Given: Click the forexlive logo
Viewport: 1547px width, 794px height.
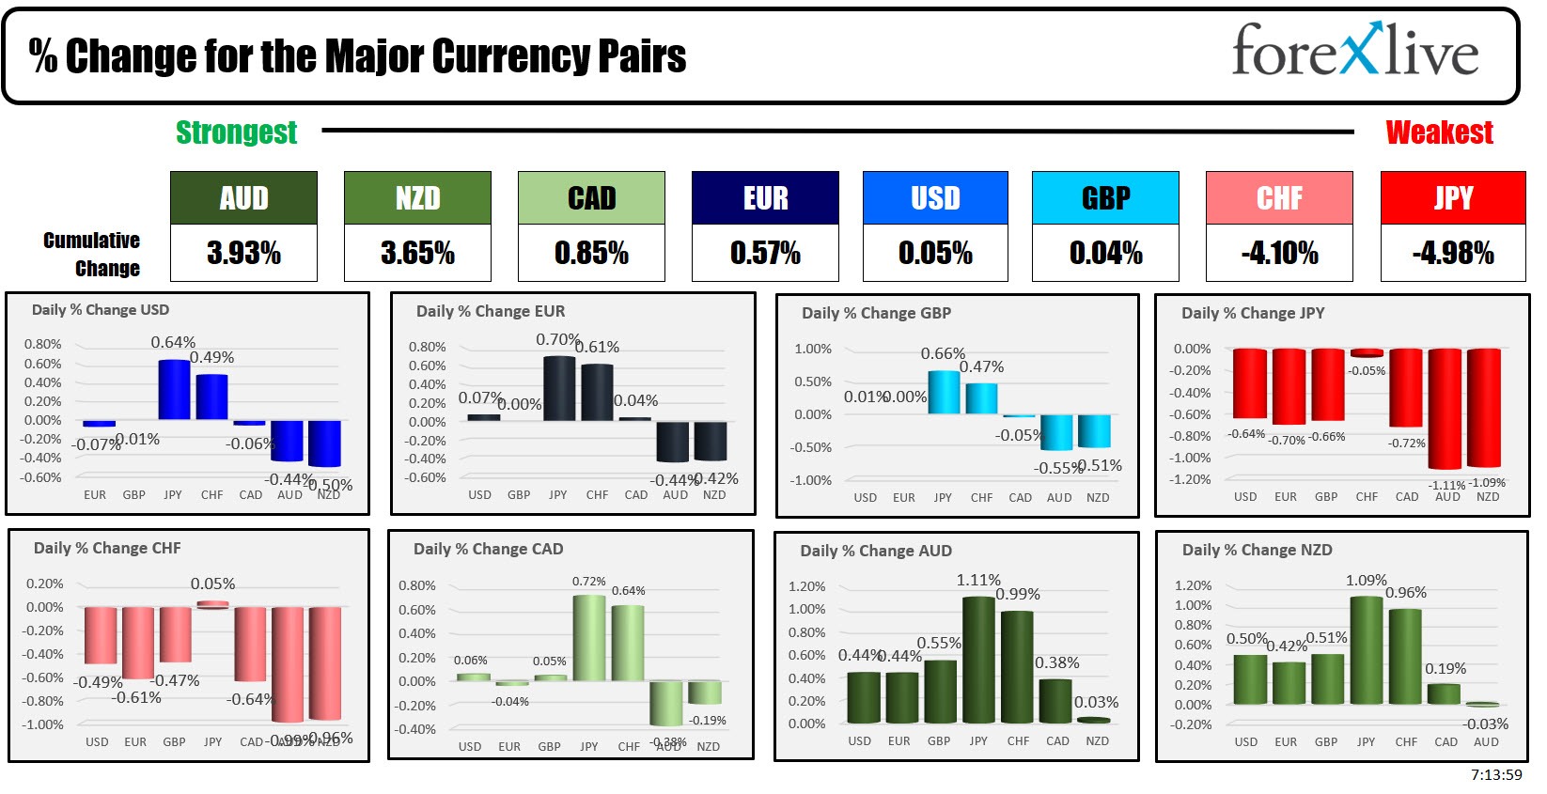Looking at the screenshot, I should tap(1354, 51).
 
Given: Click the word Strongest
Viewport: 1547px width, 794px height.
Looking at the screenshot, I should tap(236, 132).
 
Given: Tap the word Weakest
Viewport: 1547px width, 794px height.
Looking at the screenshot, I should tap(1439, 132).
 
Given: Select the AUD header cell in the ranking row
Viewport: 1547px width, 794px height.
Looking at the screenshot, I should tap(243, 198).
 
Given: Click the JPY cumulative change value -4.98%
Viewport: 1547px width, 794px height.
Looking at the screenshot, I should tap(1452, 253).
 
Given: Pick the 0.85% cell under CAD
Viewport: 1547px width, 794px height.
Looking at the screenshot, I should tap(591, 253).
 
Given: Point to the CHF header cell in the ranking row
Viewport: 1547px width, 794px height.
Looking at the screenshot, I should tap(1279, 198).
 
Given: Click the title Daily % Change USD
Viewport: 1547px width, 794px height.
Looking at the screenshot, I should tap(101, 310).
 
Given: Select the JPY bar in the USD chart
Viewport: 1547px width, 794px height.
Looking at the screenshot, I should tap(174, 389).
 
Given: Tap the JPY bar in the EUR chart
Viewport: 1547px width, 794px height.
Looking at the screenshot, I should tap(559, 388).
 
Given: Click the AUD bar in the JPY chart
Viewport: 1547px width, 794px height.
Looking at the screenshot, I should tap(1445, 408).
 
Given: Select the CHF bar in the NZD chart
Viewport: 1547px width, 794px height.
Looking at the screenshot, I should tap(1405, 657).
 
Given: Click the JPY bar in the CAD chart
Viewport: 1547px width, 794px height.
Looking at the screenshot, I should tap(589, 638).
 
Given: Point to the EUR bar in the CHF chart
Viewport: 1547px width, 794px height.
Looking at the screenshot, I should tap(137, 643).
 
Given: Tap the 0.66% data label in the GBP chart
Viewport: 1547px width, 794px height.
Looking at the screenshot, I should tap(943, 353).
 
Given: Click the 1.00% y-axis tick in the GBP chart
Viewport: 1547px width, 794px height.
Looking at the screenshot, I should tap(813, 349).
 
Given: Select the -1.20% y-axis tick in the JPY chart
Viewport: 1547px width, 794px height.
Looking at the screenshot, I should tap(1191, 479).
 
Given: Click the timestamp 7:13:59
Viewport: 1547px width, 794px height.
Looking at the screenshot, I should tap(1496, 775).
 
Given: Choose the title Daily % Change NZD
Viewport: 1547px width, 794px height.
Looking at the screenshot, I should tap(1257, 550).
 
